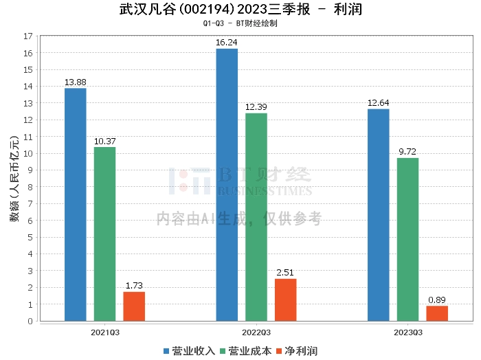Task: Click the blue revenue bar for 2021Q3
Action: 76,205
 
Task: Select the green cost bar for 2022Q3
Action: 256,217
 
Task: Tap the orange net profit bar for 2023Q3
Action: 437,313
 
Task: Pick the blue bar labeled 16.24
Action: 227,185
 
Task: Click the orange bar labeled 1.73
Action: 134,306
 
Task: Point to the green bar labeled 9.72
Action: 407,240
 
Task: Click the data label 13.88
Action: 76,82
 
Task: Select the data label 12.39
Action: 256,107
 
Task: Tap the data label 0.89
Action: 437,300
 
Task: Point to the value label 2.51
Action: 285,272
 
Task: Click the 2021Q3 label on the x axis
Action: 105,333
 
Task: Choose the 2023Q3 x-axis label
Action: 408,333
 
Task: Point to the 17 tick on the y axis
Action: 28,36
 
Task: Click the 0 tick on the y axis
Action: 30,321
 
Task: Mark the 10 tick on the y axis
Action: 28,154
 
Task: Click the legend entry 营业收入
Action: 189,351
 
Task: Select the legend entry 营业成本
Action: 246,351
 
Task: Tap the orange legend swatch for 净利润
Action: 279,351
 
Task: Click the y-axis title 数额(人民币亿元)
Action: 14,179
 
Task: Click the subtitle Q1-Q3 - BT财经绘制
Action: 240,23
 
